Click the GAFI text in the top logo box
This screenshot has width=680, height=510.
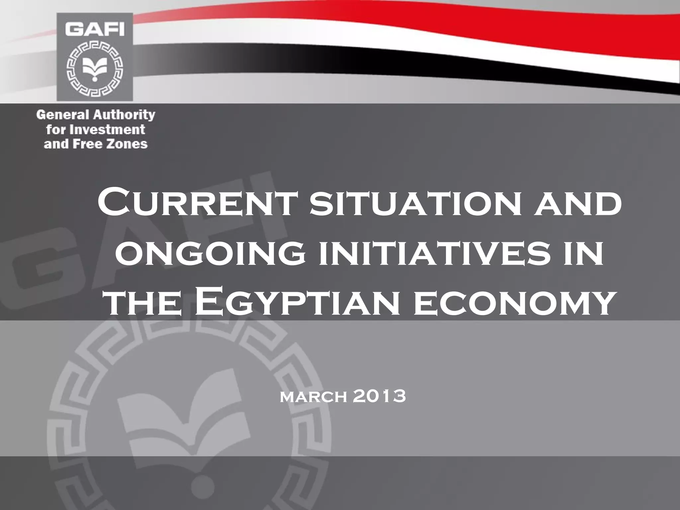coord(95,30)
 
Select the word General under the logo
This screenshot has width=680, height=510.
coord(62,115)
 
